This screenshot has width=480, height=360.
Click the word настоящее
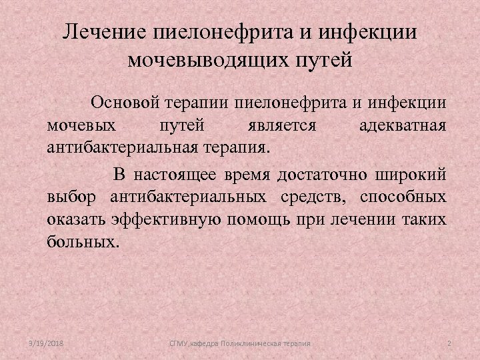(177, 175)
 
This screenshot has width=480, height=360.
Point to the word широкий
(414, 175)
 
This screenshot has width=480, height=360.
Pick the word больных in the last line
(82, 241)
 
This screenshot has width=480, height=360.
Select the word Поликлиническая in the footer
(252, 343)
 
